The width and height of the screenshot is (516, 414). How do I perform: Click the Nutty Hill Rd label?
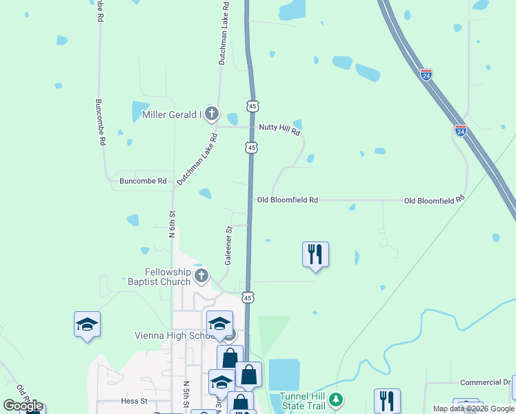pyautogui.click(x=279, y=128)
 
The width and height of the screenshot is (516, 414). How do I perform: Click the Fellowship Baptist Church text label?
pyautogui.click(x=159, y=277)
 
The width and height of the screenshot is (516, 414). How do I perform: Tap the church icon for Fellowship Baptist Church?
pyautogui.click(x=201, y=277)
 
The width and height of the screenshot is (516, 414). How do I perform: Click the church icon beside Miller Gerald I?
pyautogui.click(x=212, y=113)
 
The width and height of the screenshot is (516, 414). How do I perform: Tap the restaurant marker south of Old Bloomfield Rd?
pyautogui.click(x=315, y=254)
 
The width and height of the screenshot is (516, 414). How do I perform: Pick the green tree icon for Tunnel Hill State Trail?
pyautogui.click(x=335, y=400)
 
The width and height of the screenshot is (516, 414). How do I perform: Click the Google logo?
pyautogui.click(x=23, y=406)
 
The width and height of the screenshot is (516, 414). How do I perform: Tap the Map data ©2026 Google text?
pyautogui.click(x=473, y=408)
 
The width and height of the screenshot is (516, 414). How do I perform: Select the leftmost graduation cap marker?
pyautogui.click(x=88, y=324)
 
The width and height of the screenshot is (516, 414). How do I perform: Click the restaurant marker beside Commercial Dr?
pyautogui.click(x=387, y=401)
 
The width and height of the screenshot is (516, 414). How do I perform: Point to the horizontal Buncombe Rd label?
pyautogui.click(x=143, y=181)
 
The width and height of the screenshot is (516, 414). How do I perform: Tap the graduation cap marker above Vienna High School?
pyautogui.click(x=219, y=323)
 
